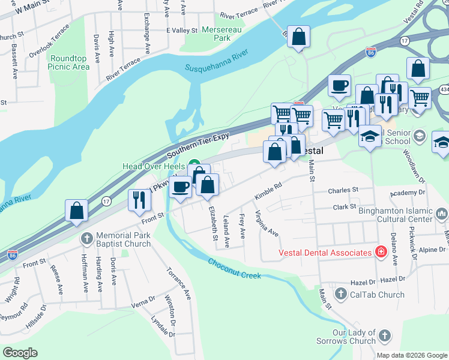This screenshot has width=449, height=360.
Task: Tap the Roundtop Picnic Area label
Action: tap(70, 62)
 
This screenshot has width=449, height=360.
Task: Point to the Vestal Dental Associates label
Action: tap(325, 253)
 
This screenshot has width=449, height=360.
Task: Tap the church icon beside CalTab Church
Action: tap(341, 294)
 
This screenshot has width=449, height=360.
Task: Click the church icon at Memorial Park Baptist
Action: tap(87, 239)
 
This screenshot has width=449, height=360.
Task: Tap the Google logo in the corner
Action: tap(20, 353)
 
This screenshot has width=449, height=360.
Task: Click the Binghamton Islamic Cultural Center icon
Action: tap(442, 214)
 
